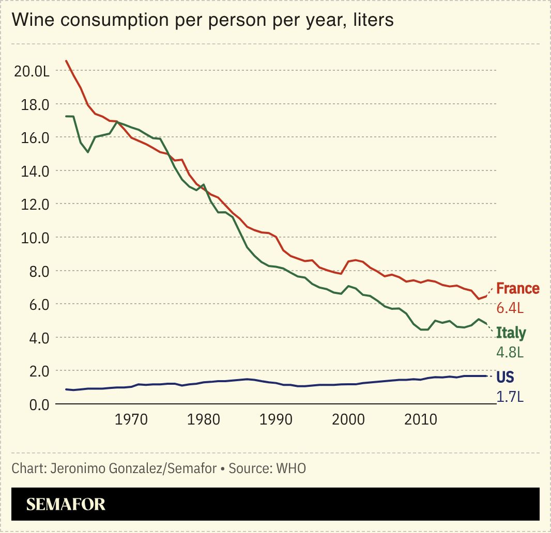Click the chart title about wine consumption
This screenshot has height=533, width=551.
click(x=203, y=20)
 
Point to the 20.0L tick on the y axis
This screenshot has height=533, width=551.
click(x=32, y=71)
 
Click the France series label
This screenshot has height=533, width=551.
click(x=517, y=288)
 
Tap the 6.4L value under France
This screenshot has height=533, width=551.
click(x=510, y=308)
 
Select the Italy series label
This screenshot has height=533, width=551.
click(x=511, y=333)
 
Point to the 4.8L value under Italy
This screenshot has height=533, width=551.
click(x=510, y=353)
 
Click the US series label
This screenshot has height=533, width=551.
click(x=505, y=377)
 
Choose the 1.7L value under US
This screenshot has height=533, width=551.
click(x=509, y=397)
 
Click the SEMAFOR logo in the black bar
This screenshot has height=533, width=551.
click(x=66, y=504)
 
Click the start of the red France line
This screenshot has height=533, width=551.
click(x=66, y=61)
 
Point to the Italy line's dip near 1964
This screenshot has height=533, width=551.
click(x=88, y=152)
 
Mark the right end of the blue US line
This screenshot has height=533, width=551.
click(x=486, y=376)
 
